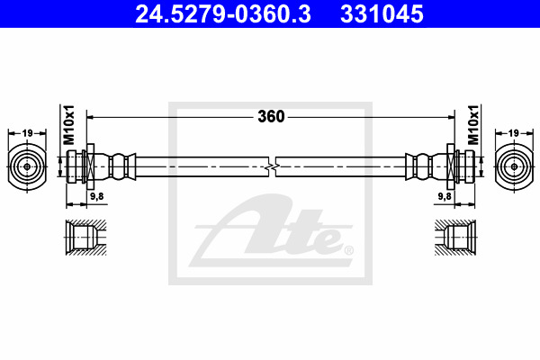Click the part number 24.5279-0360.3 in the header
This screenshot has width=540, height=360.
pyautogui.click(x=223, y=13)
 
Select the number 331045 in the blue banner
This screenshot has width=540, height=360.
pyautogui.click(x=382, y=13)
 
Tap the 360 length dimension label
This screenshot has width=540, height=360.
pyautogui.click(x=271, y=116)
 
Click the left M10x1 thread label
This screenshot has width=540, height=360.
pyautogui.click(x=68, y=125)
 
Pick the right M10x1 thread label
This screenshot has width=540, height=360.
pyautogui.click(x=473, y=125)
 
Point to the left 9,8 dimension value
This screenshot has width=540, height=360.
pyautogui.click(x=97, y=196)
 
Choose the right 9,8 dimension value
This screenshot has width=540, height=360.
pyautogui.click(x=445, y=196)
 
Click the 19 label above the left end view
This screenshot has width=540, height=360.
pyautogui.click(x=27, y=132)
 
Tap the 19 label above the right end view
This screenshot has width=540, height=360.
pyautogui.click(x=513, y=132)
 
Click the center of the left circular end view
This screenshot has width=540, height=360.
pyautogui.click(x=27, y=166)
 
